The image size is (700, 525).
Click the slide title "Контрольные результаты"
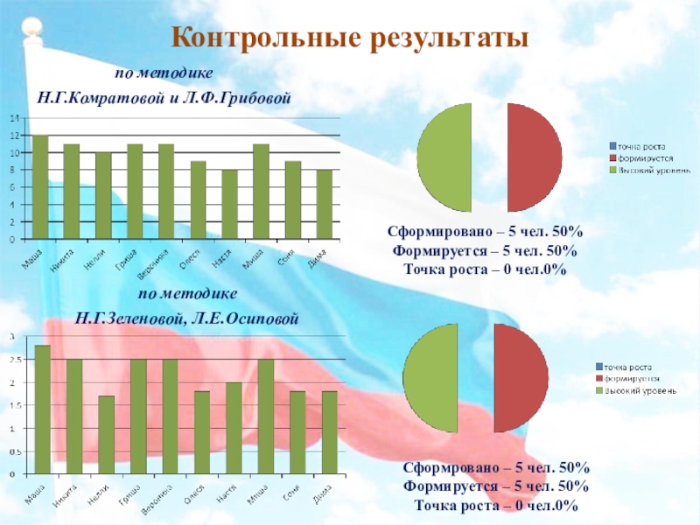350,38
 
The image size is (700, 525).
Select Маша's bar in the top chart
39,186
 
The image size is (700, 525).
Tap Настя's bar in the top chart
229,204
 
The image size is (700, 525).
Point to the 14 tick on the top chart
13,118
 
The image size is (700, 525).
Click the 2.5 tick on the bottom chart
12,360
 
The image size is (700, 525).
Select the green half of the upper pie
444,157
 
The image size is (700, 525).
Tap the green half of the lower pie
431,379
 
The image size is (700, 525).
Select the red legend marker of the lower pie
599,379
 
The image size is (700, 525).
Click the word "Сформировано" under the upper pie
433,232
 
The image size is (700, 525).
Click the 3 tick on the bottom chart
13,336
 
